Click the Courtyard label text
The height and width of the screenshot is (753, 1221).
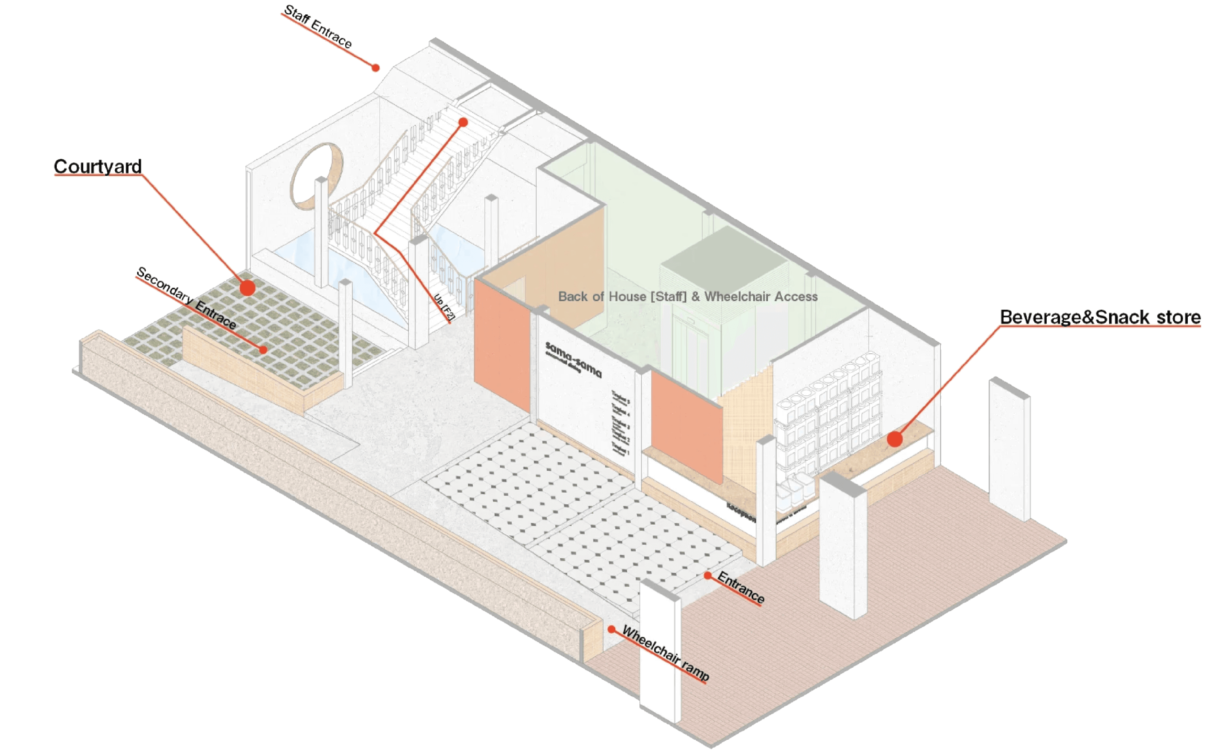coord(98,166)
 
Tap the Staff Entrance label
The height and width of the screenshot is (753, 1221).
coord(318,27)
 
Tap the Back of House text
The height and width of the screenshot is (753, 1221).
coord(687,297)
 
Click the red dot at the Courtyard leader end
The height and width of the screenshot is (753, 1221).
coord(247,288)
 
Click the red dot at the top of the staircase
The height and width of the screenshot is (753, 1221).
coord(463,122)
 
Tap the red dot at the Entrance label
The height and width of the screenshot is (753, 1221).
coord(707,575)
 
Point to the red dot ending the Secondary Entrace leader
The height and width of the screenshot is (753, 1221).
coord(263,350)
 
